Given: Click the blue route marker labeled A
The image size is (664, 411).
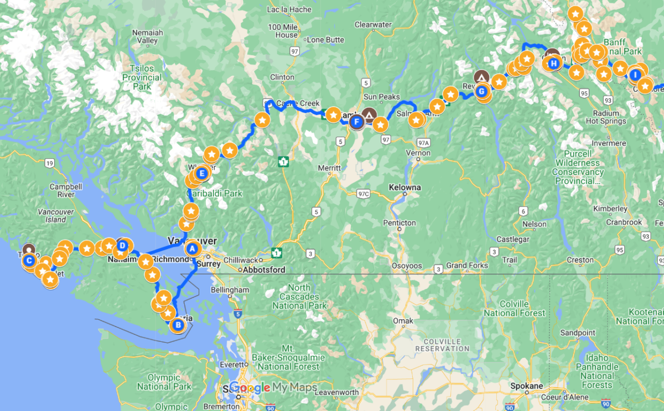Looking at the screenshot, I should click(193, 249).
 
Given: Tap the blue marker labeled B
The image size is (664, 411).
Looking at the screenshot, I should click(178, 325).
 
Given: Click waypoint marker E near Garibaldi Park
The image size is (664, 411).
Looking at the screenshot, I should click(202, 174).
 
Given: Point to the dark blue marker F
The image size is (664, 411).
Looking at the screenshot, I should click(356, 121).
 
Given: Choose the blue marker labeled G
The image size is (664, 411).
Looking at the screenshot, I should click(481, 91).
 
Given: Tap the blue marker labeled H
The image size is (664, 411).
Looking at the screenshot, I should click(553, 63).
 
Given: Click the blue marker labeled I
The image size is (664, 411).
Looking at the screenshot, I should click(636, 75).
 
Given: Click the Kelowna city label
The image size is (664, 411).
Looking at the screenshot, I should click(404, 188).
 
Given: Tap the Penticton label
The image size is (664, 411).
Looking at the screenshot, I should click(399, 223).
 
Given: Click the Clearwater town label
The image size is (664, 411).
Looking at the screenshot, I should click(373, 25).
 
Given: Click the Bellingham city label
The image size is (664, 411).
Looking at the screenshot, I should click(230, 290).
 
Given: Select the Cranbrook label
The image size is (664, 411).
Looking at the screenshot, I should click(623, 222).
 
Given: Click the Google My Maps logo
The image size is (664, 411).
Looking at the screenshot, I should click(273, 387).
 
